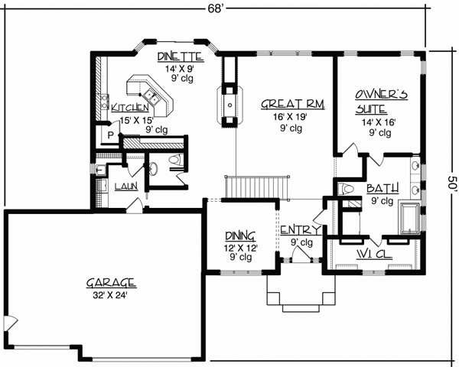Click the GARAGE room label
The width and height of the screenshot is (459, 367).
[x=111, y=281]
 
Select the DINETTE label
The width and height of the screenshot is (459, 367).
[x=180, y=56]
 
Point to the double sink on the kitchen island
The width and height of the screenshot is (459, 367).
[x=154, y=97]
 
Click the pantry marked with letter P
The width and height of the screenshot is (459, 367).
[x=112, y=133]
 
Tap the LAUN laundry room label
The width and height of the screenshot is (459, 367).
[x=125, y=186]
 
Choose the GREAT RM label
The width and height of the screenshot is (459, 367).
[x=285, y=103]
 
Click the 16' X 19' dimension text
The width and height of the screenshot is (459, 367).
[x=285, y=116]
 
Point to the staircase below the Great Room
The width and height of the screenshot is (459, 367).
[x=256, y=187]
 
